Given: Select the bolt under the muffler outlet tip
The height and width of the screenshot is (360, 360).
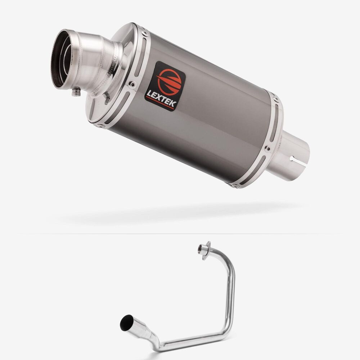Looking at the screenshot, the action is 76,92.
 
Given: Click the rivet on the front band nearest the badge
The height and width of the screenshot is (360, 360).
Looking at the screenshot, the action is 132,84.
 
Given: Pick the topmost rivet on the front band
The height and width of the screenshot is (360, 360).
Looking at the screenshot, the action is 144,33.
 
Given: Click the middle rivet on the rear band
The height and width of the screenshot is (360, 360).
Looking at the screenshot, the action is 267,149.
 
